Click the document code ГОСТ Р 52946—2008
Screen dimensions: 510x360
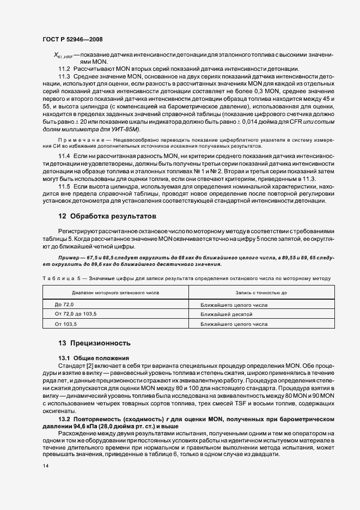pyautogui.click(x=72, y=39)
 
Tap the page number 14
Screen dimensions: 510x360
pyautogui.click(x=45, y=466)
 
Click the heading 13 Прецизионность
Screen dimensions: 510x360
pyautogui.click(x=95, y=344)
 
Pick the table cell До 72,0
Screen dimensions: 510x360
pyautogui.click(x=64, y=304)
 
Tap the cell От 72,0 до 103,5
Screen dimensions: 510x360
pyautogui.click(x=76, y=314)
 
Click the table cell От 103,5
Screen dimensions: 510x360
pyautogui.click(x=66, y=324)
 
